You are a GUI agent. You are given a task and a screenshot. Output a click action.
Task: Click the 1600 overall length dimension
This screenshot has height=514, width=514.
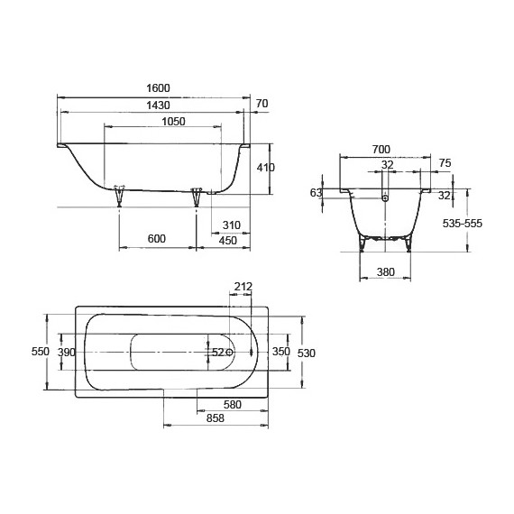[x=157, y=88]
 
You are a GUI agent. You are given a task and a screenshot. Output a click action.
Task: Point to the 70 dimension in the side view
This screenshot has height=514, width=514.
[x=262, y=105]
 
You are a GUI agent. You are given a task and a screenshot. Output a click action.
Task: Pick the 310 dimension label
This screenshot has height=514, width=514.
[x=230, y=225]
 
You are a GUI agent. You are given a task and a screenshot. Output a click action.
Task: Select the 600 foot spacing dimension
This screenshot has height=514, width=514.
[x=156, y=239]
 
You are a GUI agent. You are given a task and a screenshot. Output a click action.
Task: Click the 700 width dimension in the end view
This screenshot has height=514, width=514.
[x=380, y=149]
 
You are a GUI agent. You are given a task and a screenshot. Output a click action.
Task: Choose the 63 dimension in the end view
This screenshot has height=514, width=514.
[x=316, y=193]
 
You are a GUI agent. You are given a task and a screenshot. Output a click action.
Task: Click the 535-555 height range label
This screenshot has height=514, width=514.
[x=488, y=224]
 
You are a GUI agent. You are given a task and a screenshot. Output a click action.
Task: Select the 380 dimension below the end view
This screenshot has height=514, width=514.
[x=385, y=271]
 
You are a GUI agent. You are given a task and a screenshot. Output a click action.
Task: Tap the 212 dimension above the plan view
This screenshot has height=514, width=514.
[x=242, y=288]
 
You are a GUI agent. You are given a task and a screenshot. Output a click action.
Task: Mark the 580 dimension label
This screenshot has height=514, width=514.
[x=233, y=405]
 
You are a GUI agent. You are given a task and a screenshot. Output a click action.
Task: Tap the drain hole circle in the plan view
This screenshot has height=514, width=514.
[x=230, y=352]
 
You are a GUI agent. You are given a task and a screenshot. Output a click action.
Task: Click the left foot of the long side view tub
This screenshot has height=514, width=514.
[x=119, y=197]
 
